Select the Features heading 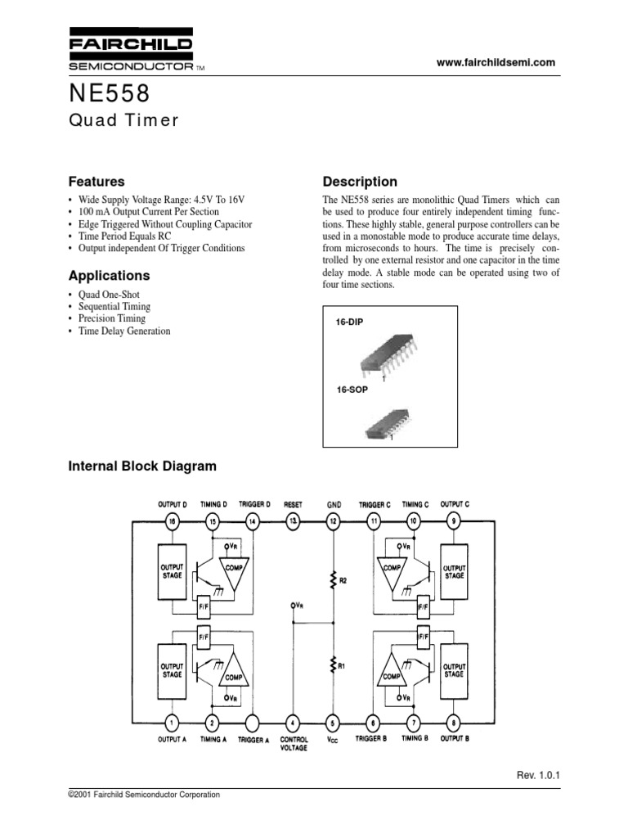click(x=95, y=182)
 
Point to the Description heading click(x=360, y=182)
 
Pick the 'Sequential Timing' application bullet click(x=114, y=306)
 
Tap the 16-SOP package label click(x=352, y=390)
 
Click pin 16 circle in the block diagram click(x=172, y=520)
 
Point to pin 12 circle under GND click(x=333, y=520)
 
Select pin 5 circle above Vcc click(x=333, y=721)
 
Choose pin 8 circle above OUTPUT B click(x=454, y=721)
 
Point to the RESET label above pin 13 click(x=293, y=504)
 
